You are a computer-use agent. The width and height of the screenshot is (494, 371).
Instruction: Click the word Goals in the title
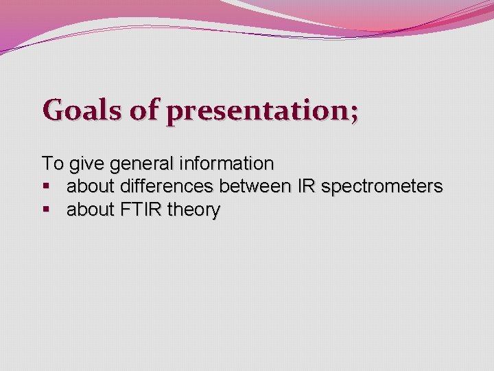[82, 110]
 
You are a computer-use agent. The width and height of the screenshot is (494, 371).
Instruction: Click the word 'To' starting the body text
[51, 164]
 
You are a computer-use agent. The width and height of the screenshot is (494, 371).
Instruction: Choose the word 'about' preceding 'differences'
[91, 187]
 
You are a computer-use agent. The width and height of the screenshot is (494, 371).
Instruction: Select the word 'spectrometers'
[382, 188]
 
